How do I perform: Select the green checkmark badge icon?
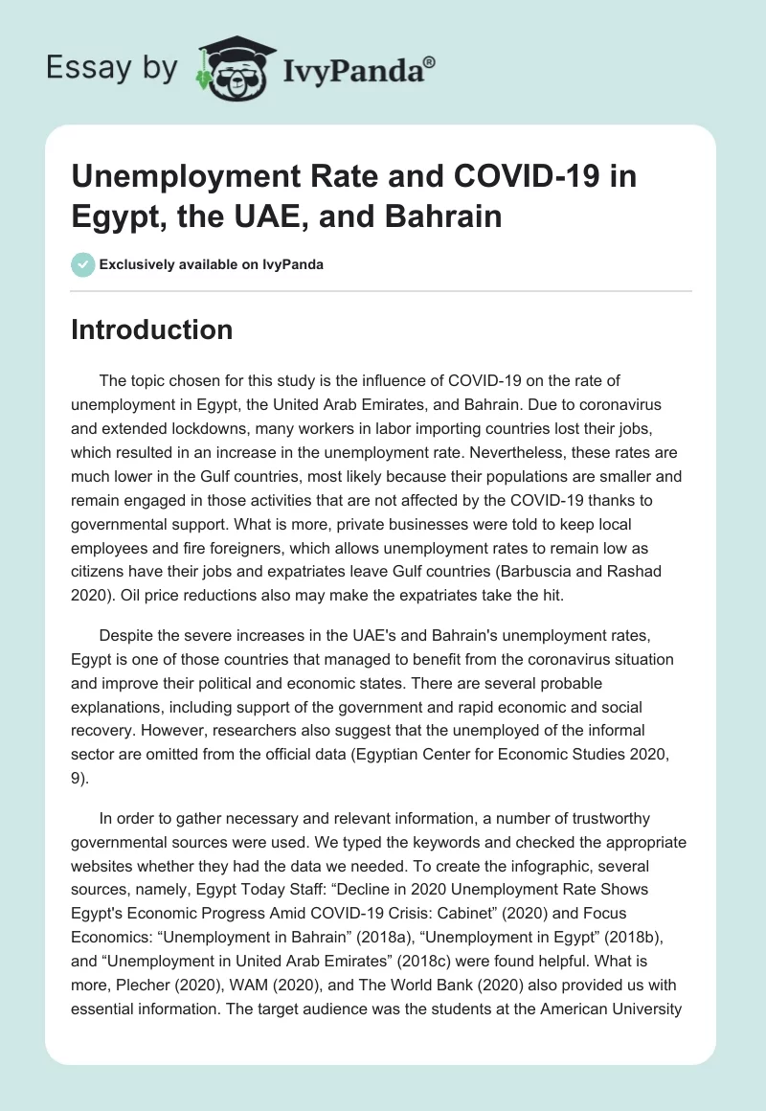(82, 264)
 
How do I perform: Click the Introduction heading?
(152, 329)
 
